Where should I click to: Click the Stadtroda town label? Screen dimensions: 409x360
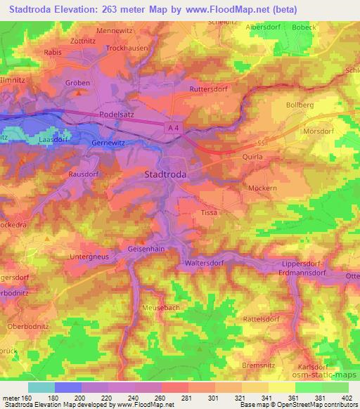(169, 173)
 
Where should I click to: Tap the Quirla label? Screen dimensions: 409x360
(252, 157)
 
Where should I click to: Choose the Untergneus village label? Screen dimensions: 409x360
(87, 257)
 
